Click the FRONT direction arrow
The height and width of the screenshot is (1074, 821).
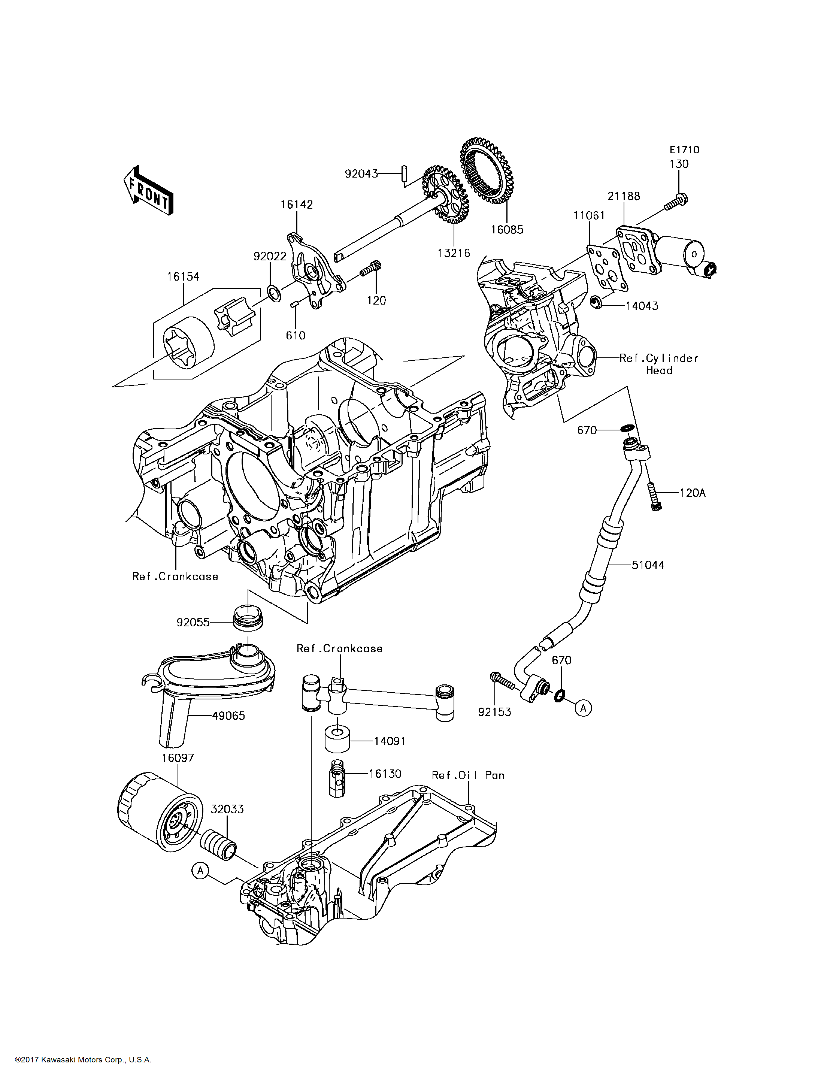tap(148, 191)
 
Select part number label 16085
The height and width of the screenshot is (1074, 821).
tap(507, 229)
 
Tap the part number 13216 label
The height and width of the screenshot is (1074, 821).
tap(454, 253)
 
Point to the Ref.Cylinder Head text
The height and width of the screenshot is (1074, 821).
tap(658, 364)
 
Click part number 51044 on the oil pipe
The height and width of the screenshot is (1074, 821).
tap(648, 565)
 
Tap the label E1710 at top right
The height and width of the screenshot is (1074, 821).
tap(684, 150)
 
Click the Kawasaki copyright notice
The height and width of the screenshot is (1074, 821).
tap(83, 1060)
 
